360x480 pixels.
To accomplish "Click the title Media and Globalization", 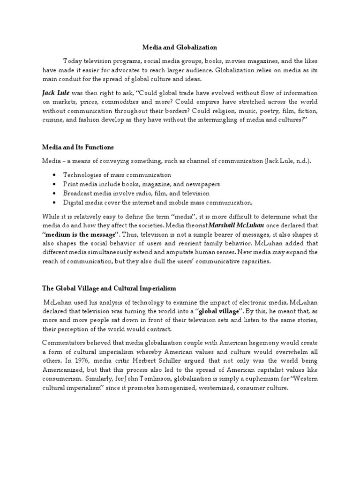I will click(x=180, y=47).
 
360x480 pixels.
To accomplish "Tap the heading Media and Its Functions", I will click(x=78, y=147).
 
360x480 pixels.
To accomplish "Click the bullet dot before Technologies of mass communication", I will click(x=55, y=175).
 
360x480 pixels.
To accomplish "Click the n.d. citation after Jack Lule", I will click(x=301, y=161).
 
